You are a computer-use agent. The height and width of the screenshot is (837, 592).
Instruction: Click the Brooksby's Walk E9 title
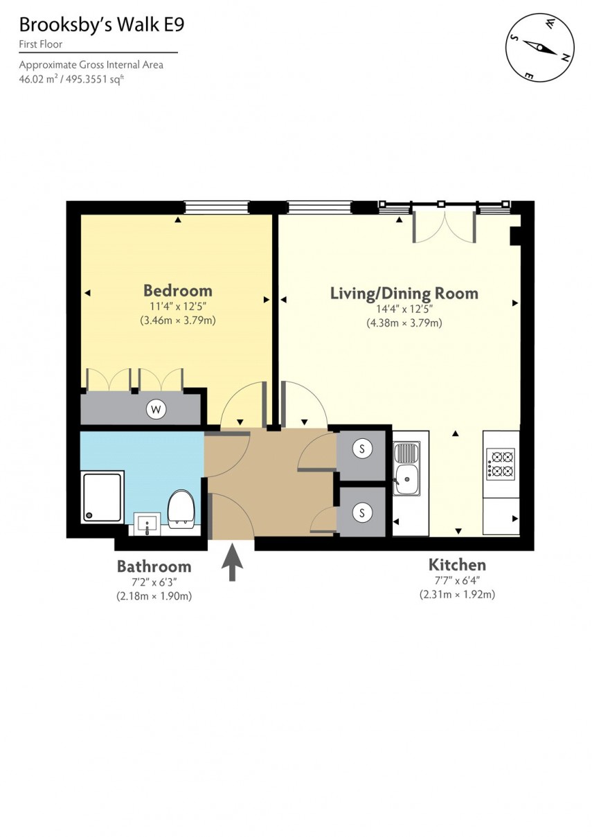point(102,26)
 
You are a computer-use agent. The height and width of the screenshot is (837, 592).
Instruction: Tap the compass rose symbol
point(540,47)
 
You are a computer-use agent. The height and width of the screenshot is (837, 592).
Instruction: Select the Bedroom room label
point(177,290)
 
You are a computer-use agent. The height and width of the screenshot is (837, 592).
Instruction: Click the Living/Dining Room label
point(404,293)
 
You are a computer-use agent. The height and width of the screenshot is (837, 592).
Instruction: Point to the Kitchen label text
point(456,564)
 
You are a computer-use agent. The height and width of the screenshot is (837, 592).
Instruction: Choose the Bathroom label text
point(153,566)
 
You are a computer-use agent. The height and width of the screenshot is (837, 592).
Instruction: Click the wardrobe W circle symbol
point(156,410)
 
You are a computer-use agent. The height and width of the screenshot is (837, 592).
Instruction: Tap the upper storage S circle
point(361,449)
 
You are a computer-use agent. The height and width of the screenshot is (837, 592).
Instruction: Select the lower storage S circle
point(361,512)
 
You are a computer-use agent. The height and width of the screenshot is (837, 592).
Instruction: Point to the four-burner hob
point(501,463)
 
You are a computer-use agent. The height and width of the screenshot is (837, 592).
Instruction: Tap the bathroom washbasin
point(147,523)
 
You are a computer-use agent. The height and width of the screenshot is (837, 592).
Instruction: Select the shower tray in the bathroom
point(102,496)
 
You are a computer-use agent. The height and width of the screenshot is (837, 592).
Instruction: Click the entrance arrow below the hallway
point(232,562)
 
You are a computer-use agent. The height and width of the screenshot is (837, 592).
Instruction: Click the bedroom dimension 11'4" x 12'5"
point(177,307)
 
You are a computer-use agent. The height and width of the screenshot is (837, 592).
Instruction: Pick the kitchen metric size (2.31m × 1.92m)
point(456,594)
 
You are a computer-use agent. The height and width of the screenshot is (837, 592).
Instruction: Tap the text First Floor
point(41,44)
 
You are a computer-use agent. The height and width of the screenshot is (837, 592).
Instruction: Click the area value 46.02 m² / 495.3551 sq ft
point(71,79)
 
